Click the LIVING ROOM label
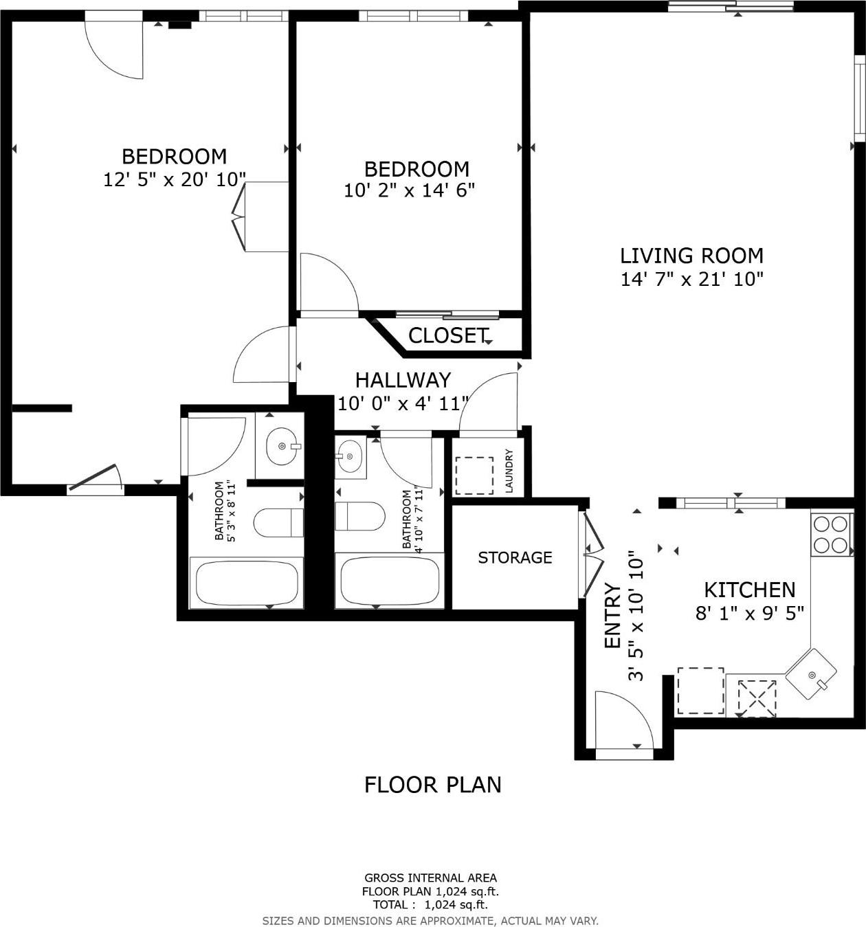(x=691, y=256)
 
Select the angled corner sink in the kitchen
(x=812, y=674)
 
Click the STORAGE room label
(x=515, y=557)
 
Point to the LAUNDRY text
(x=509, y=471)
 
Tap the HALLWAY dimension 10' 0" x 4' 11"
(x=403, y=403)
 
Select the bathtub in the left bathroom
(x=246, y=583)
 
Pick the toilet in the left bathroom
(x=278, y=523)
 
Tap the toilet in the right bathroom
(x=360, y=516)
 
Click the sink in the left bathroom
(x=282, y=446)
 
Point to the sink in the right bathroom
(x=351, y=456)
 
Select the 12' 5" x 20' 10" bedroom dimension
(x=175, y=180)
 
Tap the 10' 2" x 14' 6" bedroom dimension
(x=410, y=190)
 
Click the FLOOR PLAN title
(x=432, y=785)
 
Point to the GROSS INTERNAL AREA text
(x=430, y=878)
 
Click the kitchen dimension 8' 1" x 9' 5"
(x=749, y=613)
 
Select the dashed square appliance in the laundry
(x=474, y=476)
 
